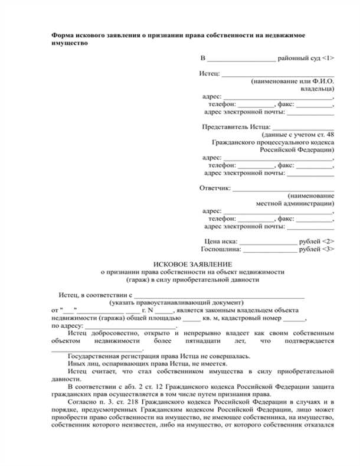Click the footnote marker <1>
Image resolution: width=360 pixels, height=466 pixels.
(x=329, y=58)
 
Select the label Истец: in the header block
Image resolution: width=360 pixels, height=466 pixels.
(x=210, y=73)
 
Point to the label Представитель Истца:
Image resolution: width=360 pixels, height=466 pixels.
(x=237, y=126)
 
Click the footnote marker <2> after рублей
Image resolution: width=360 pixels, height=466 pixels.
(x=329, y=241)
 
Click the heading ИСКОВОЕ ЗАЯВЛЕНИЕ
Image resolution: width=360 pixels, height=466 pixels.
(x=192, y=264)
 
